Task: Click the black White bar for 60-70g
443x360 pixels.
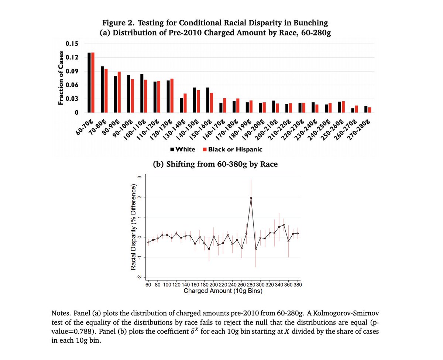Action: pyautogui.click(x=89, y=82)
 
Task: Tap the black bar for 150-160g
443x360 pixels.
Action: pyautogui.click(x=207, y=100)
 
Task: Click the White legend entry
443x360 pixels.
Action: pyautogui.click(x=183, y=150)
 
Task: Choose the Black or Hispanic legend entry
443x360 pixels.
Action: pyautogui.click(x=233, y=150)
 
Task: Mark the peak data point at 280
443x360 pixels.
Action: pyautogui.click(x=251, y=198)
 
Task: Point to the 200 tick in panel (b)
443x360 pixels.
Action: pyautogui.click(x=214, y=285)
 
